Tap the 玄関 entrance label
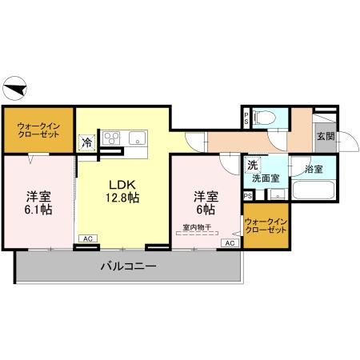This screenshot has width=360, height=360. coord(326,137)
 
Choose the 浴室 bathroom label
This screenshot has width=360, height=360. coord(313,169)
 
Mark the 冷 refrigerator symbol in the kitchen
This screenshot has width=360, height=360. coord(87,142)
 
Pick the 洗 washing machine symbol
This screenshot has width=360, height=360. coord(253,166)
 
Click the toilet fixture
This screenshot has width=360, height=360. coord(266,119)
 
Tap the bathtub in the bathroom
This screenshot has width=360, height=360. coord(312,193)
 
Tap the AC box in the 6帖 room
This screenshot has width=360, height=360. coord(229,242)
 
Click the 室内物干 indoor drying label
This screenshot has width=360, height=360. coord(196,228)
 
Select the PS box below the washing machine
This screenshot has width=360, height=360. coord(247,195)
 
